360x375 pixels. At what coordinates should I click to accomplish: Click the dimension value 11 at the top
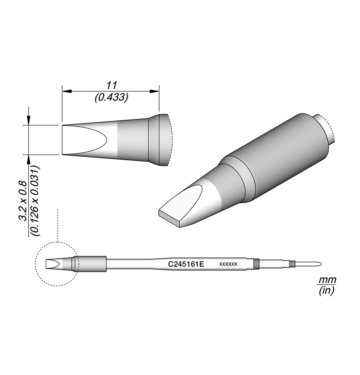point(112,85)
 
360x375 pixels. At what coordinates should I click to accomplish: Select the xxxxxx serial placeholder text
point(228,264)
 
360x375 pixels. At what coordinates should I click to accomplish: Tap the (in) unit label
point(326,291)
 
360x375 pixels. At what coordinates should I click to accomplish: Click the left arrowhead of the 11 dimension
point(67,91)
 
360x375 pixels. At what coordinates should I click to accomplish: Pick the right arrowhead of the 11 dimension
point(154,91)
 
